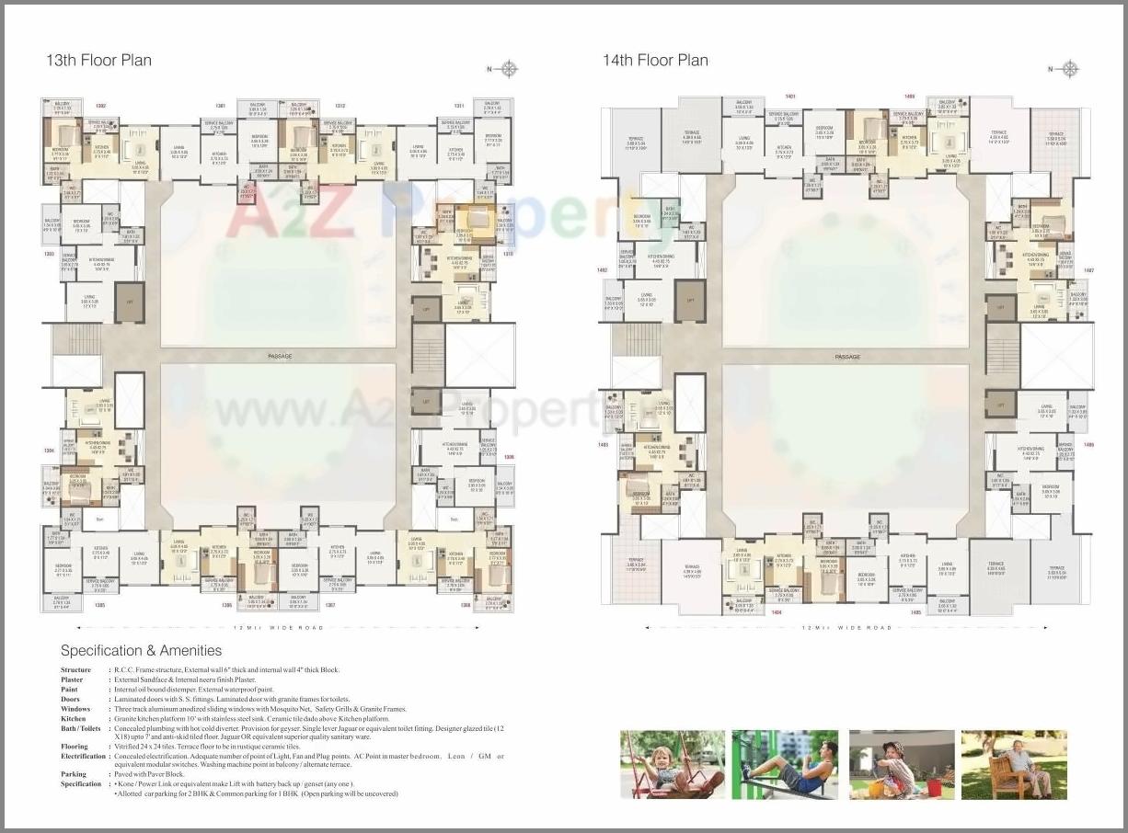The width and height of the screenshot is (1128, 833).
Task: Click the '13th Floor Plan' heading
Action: point(98,61)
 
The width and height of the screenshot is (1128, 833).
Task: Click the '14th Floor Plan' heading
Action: point(655,61)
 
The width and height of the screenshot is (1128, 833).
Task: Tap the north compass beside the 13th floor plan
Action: point(509,69)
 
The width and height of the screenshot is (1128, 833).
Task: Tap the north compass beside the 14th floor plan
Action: point(1070,69)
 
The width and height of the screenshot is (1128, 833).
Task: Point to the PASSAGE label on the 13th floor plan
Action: point(280,356)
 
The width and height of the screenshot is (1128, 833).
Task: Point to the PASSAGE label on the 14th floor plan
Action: point(847,357)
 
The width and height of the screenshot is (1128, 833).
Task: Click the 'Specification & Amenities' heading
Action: point(141,651)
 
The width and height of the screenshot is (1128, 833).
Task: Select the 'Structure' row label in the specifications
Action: point(75,670)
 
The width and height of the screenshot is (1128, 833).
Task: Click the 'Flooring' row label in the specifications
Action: point(75,747)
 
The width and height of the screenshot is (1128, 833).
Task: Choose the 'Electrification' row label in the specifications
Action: point(84,756)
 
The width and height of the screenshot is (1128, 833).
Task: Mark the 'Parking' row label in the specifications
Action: point(74,774)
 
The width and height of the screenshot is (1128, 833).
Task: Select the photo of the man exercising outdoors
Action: point(785,764)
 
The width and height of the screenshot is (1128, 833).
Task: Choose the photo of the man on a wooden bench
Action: point(1014,764)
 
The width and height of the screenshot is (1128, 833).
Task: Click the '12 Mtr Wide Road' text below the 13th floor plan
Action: point(279,628)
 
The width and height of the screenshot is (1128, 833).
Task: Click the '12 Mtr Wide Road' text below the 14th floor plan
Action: point(847,628)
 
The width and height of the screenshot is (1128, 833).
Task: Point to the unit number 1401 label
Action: point(790,96)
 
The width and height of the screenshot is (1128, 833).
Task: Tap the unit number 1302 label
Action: point(101,106)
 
